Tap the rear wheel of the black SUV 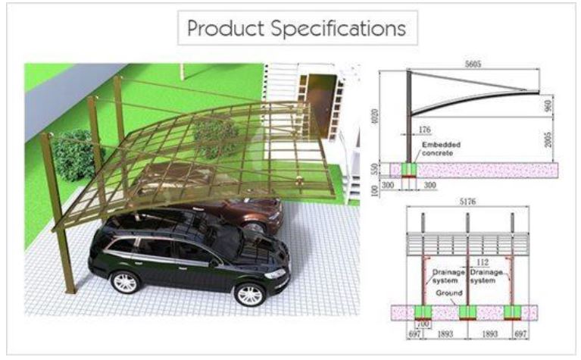coord(124,281)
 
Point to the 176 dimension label coord(425,130)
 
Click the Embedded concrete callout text coord(439,149)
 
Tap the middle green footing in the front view coord(467,312)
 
